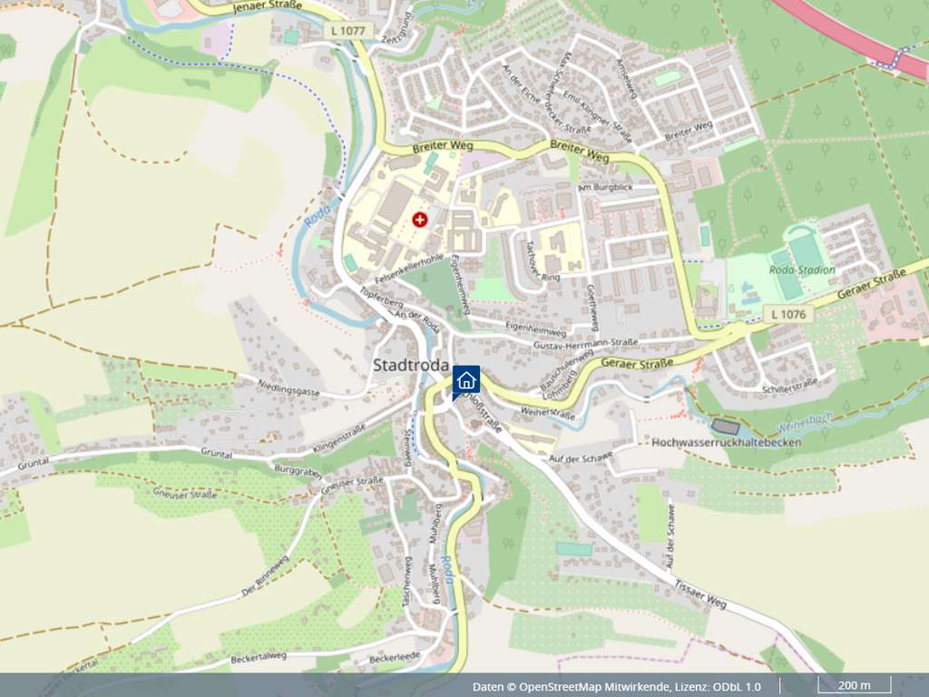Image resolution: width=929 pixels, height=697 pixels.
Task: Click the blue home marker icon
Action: pyautogui.click(x=466, y=379)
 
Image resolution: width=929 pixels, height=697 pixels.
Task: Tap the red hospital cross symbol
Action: pyautogui.click(x=419, y=220)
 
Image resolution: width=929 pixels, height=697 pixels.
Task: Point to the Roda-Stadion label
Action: pyautogui.click(x=801, y=270)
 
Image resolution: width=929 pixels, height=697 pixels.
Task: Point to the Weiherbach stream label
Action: pyautogui.click(x=805, y=423)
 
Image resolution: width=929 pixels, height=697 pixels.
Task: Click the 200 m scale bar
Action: pyautogui.click(x=854, y=685)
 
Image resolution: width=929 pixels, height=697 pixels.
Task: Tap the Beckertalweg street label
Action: pyautogui.click(x=258, y=656)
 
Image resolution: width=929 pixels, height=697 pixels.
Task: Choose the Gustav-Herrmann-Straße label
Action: pyautogui.click(x=586, y=342)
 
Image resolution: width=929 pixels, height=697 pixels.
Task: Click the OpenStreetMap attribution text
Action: pyautogui.click(x=616, y=686)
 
